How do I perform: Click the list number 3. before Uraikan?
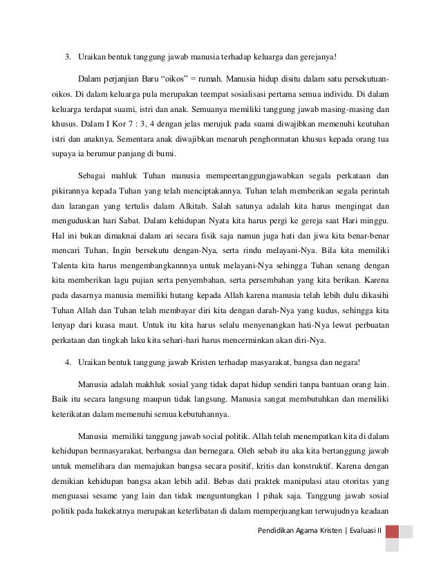[67, 55]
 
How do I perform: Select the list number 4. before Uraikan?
[67, 362]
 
